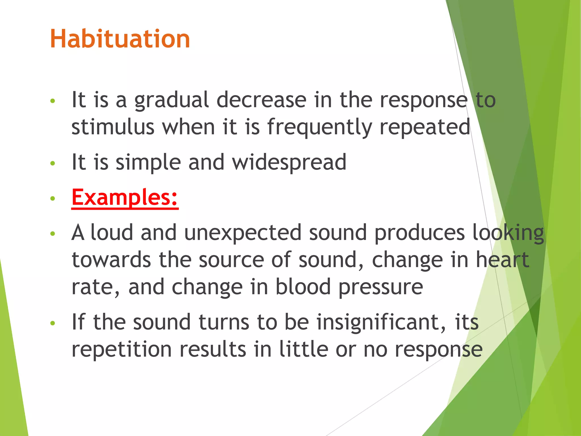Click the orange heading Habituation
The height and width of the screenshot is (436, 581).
coord(120,39)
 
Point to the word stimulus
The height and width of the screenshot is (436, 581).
coord(113,127)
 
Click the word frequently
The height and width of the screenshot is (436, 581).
coord(319,127)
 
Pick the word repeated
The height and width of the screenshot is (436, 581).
coord(425,127)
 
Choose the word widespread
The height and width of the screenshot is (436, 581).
coord(289,162)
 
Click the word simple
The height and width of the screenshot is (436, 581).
coord(148,162)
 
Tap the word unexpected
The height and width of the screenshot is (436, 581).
coord(243,232)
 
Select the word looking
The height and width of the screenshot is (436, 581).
coord(508,232)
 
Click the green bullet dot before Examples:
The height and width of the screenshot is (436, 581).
coord(52,198)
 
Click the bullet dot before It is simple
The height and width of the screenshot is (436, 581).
coord(52,163)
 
